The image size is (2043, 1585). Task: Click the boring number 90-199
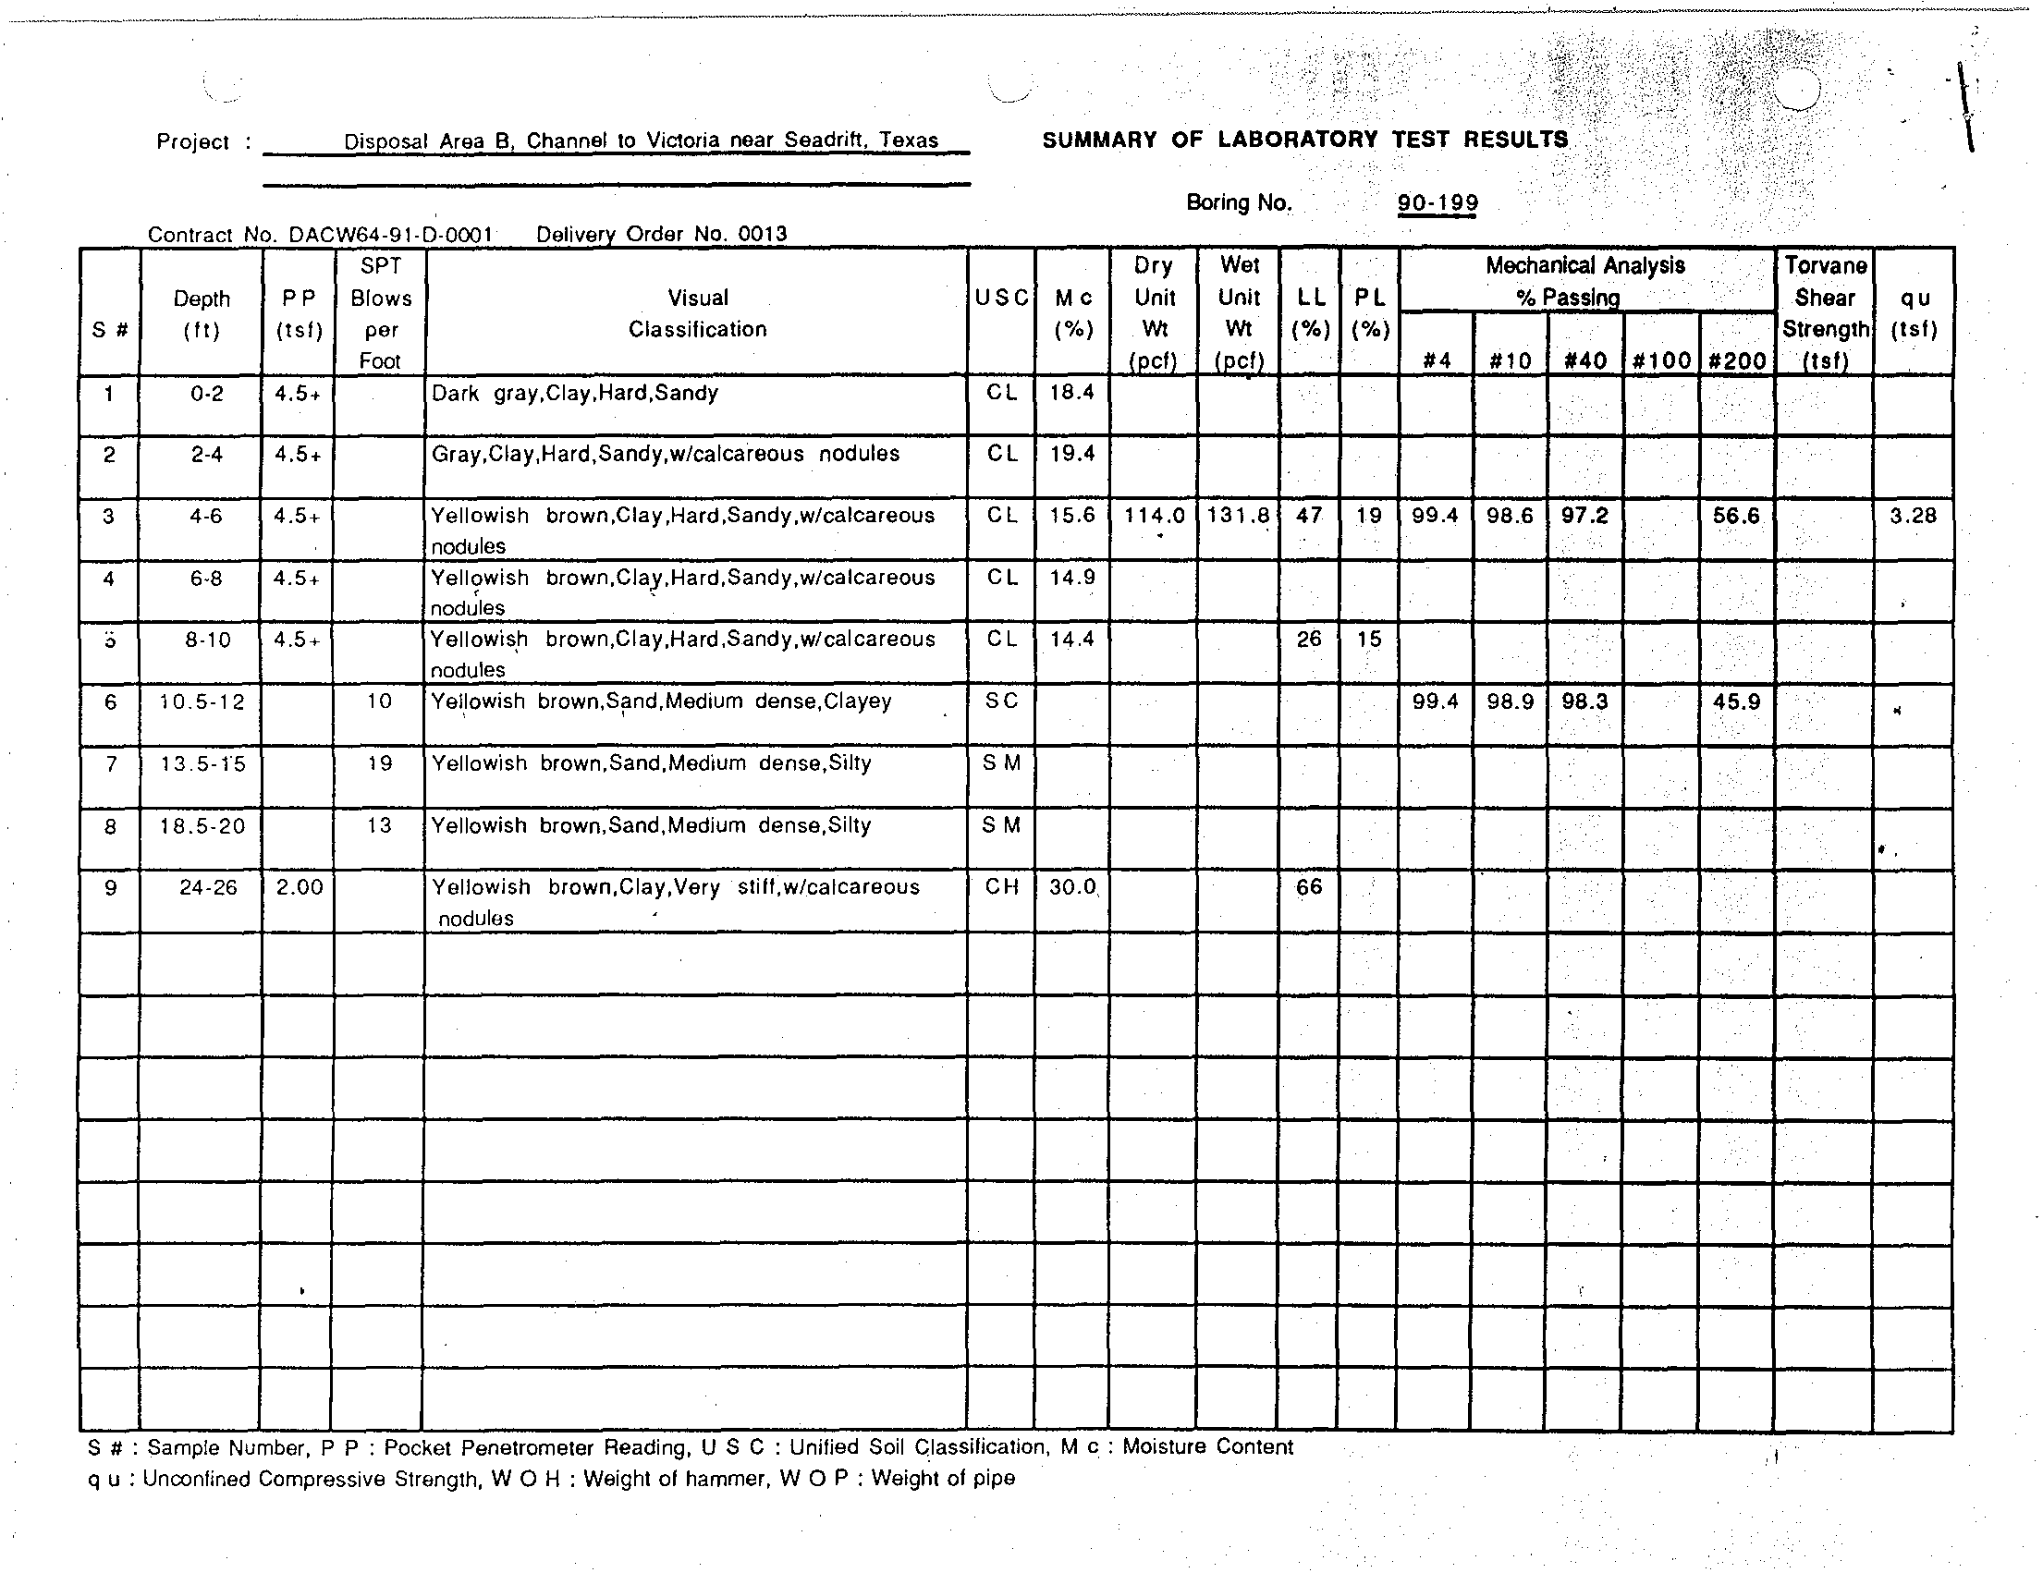[x=1437, y=203]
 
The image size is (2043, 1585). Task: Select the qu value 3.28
[x=1913, y=516]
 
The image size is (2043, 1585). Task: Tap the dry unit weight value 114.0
[x=1154, y=516]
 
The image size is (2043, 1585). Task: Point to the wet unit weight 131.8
[x=1239, y=516]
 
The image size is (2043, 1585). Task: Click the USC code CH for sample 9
[x=1001, y=886]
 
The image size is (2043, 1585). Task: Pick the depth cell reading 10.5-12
[x=202, y=701]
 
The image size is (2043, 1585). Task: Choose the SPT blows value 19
[x=380, y=763]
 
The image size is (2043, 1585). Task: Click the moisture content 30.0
[x=1072, y=886]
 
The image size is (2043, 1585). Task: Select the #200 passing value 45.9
[x=1736, y=701]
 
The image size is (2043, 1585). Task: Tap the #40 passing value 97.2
[x=1584, y=516]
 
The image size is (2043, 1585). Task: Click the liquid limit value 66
[x=1309, y=886]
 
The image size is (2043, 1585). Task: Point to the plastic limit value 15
[x=1368, y=640]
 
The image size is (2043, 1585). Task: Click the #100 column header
[x=1660, y=361]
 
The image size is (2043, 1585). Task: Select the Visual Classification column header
[x=697, y=313]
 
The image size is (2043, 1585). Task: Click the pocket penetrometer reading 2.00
[x=299, y=886]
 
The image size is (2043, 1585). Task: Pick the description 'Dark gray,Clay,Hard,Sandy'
[x=574, y=393]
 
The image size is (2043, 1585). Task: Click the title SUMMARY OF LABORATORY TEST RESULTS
[x=1305, y=140]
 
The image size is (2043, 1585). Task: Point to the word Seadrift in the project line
[x=823, y=140]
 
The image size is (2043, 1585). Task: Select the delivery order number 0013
[x=763, y=234]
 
